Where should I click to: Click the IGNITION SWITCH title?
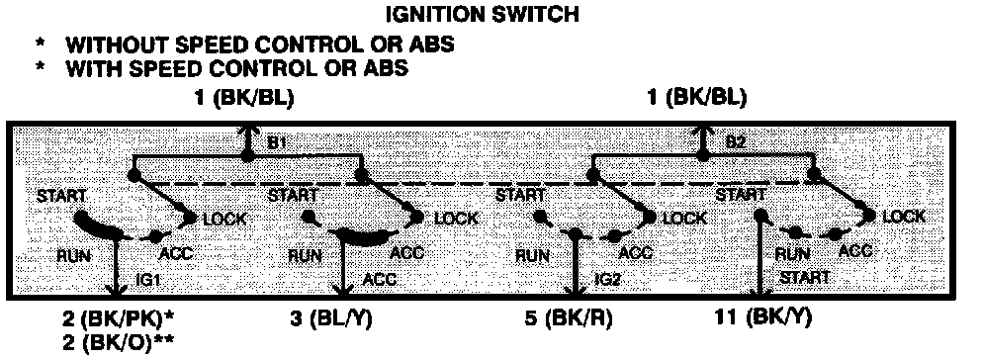point(482,14)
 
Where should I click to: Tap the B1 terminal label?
point(277,143)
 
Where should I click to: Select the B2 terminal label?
point(736,143)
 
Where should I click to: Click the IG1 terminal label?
point(148,279)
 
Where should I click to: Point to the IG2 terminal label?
point(607,279)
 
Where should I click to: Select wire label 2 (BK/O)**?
point(118,342)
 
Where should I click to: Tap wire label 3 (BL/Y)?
point(331,319)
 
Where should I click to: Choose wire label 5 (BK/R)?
point(568,319)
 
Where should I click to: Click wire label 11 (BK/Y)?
point(762,318)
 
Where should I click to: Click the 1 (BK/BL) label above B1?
point(244,98)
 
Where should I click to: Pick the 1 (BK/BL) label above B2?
point(697,98)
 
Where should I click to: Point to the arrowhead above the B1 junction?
point(248,131)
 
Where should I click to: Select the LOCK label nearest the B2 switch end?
point(904,217)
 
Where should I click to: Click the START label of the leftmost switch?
point(61,196)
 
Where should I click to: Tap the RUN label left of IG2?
point(533,256)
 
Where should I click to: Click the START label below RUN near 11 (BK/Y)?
point(805,277)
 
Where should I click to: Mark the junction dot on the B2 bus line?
point(704,155)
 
